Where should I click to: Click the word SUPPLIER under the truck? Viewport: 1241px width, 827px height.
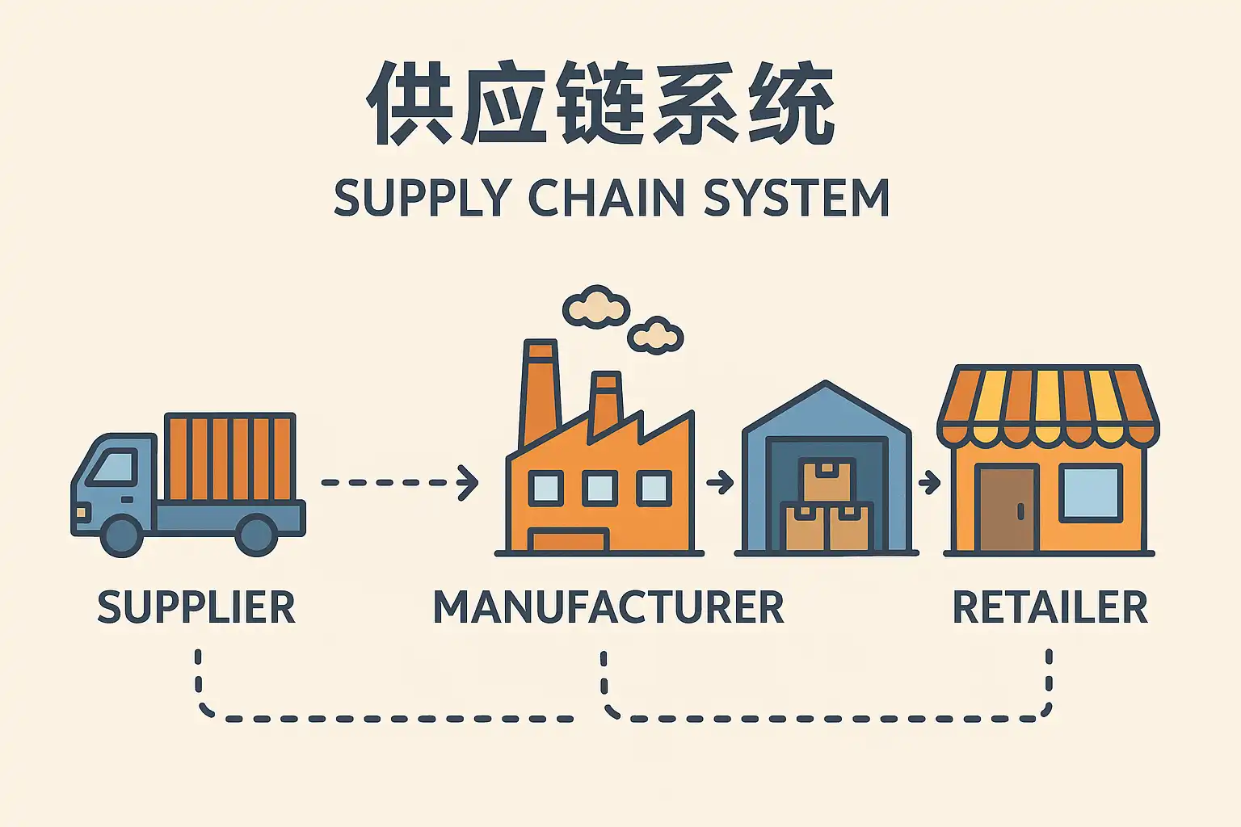[x=196, y=607]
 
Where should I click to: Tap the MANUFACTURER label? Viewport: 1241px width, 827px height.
[x=608, y=607]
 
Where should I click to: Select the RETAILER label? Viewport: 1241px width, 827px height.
[x=1050, y=607]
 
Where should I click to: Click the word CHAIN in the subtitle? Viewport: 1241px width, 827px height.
[x=606, y=198]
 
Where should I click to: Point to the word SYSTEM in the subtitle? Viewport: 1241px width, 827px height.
[x=796, y=198]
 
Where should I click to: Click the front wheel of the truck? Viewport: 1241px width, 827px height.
[x=123, y=535]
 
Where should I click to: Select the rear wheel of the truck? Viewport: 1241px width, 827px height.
[x=257, y=535]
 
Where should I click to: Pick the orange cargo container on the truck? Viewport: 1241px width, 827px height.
[x=230, y=457]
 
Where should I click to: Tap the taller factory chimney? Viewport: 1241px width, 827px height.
[x=540, y=392]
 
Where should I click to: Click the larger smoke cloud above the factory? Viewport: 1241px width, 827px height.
[x=596, y=307]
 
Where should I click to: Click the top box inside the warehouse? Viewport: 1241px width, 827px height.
[x=827, y=481]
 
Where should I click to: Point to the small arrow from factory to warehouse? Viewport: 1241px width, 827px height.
[x=720, y=483]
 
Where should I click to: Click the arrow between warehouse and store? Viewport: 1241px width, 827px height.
[x=929, y=483]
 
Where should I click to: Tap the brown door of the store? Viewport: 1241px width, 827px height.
[x=1007, y=509]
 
